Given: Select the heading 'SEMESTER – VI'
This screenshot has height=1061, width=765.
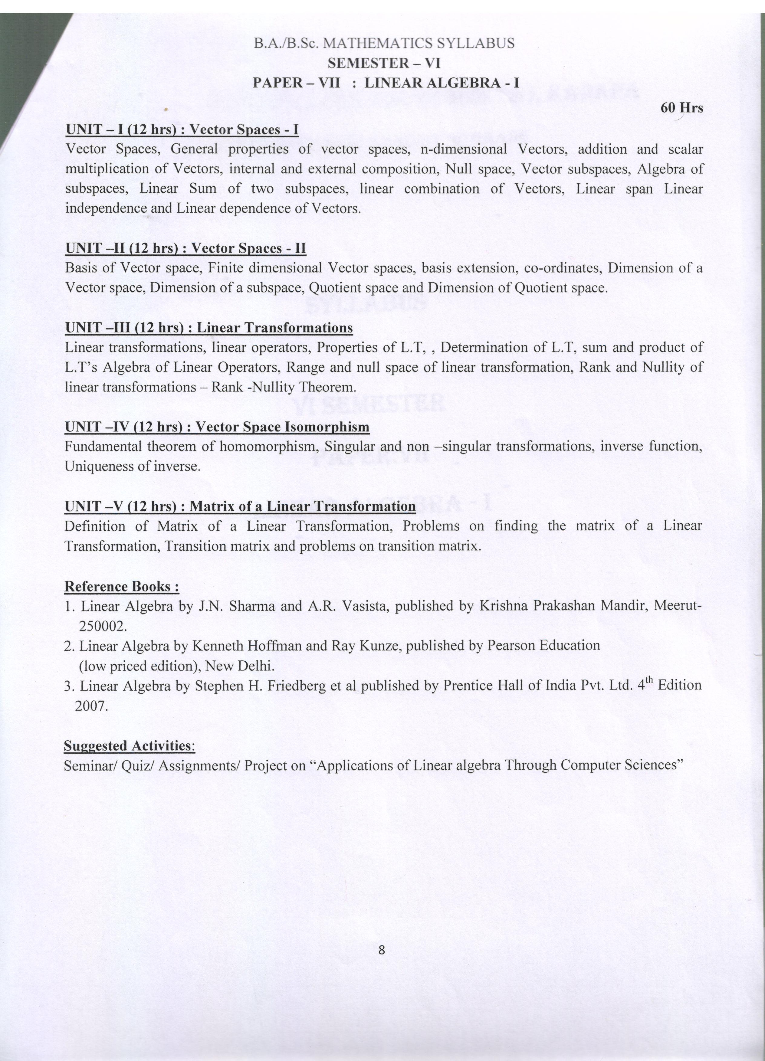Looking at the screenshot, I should pyautogui.click(x=384, y=63).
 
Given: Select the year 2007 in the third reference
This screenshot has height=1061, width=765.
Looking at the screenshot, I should pyautogui.click(x=92, y=706).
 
